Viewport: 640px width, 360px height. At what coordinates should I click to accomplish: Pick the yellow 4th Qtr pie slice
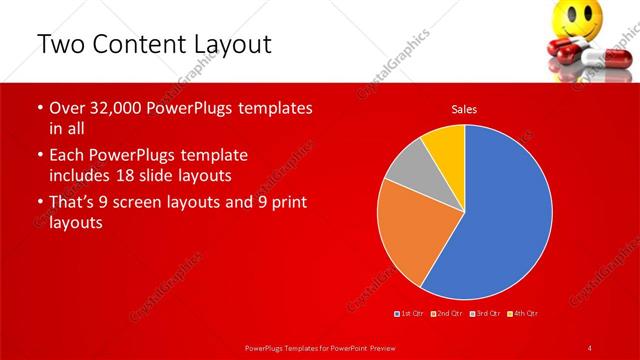pos(443,145)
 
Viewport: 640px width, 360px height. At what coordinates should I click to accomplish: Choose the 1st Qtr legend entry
pos(409,314)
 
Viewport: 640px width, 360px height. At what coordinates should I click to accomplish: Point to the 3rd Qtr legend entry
pos(485,314)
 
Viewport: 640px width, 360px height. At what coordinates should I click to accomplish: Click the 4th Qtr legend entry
pos(524,314)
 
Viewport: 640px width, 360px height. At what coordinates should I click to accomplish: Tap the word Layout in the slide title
pos(236,44)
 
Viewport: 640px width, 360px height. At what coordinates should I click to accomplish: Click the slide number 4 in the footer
pos(590,347)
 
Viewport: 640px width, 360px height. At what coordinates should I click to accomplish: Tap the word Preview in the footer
pos(375,347)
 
